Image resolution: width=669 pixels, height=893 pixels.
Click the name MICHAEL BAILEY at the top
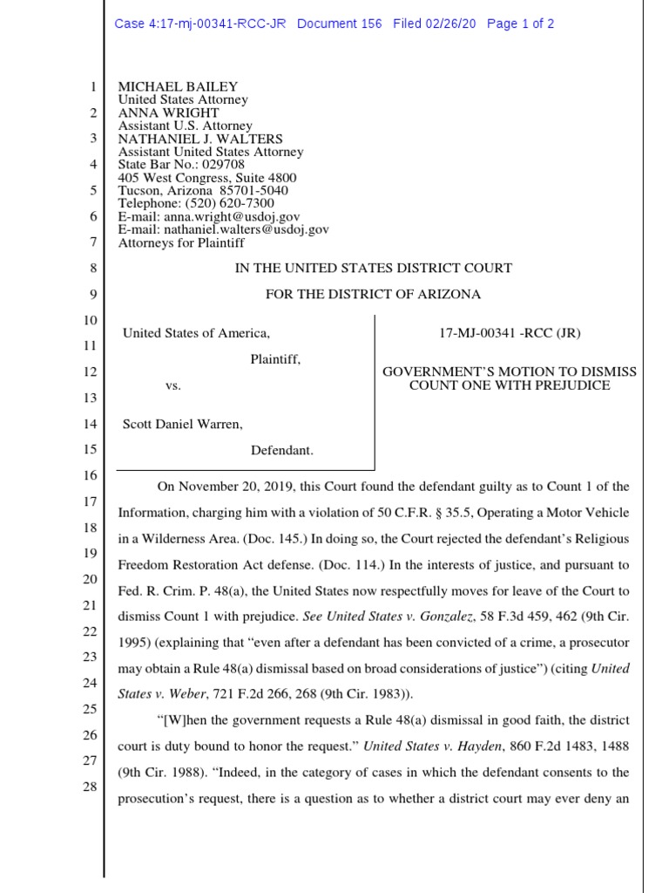[x=178, y=87]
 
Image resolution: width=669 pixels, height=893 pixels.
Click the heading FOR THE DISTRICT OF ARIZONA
[x=373, y=294]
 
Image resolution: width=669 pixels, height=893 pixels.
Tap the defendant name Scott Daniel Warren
[x=183, y=424]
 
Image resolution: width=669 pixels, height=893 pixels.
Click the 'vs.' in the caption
[x=173, y=385]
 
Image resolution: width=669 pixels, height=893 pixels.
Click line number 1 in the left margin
[x=91, y=87]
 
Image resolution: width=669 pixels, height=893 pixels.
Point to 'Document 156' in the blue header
[x=339, y=24]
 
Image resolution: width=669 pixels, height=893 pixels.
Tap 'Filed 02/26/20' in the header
[x=435, y=24]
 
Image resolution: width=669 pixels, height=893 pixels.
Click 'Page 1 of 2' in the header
[x=520, y=24]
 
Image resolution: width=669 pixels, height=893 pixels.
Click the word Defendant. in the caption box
[x=282, y=450]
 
